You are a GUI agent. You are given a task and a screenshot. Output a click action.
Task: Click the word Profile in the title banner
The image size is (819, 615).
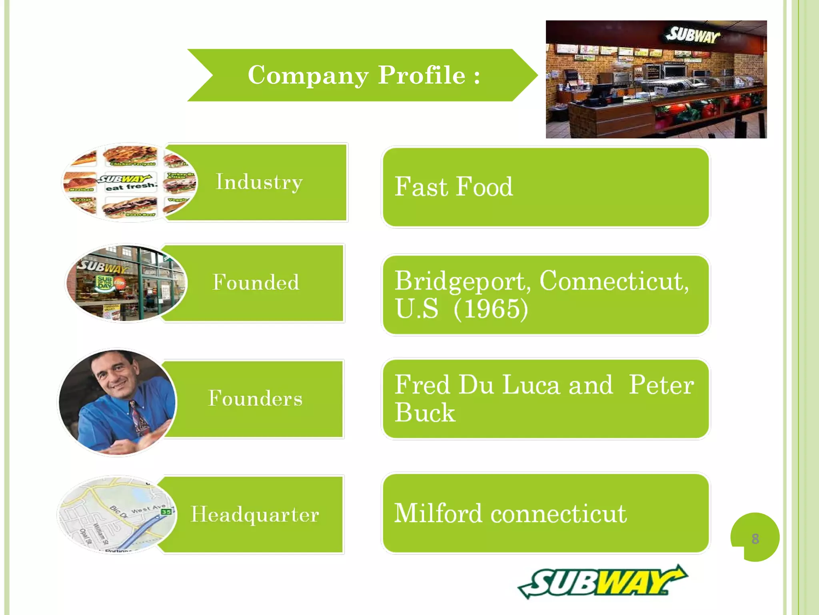[x=421, y=75]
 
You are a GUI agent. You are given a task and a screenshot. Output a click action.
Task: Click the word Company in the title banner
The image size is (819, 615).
[x=308, y=75]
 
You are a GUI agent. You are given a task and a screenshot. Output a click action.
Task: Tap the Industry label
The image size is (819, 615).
[x=259, y=182]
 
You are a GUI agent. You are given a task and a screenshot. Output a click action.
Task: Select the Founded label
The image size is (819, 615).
[x=256, y=282]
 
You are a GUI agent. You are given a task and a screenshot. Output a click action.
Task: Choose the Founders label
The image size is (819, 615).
[x=255, y=398]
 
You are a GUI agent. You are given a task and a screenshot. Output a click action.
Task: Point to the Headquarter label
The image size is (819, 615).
[x=255, y=515]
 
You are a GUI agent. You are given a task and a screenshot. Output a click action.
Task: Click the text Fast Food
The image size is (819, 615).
[x=453, y=187]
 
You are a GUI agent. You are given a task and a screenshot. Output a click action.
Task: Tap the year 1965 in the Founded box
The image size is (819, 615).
[x=491, y=309]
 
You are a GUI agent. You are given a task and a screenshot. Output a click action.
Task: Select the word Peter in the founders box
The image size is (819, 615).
[x=661, y=385]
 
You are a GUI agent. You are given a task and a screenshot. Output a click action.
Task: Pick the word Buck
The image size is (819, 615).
[x=425, y=412]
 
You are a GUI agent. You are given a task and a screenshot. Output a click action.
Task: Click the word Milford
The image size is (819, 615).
[x=438, y=513]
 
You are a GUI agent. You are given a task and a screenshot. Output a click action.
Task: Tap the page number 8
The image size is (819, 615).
[x=755, y=539]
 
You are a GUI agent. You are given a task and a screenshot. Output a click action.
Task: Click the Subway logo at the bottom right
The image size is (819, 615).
[x=602, y=582]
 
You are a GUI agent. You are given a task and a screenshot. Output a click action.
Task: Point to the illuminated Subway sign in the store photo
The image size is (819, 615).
[x=693, y=35]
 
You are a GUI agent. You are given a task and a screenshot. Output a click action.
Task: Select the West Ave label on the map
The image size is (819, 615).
[x=148, y=509]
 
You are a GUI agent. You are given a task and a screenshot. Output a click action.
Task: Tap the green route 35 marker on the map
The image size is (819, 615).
[x=166, y=512]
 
